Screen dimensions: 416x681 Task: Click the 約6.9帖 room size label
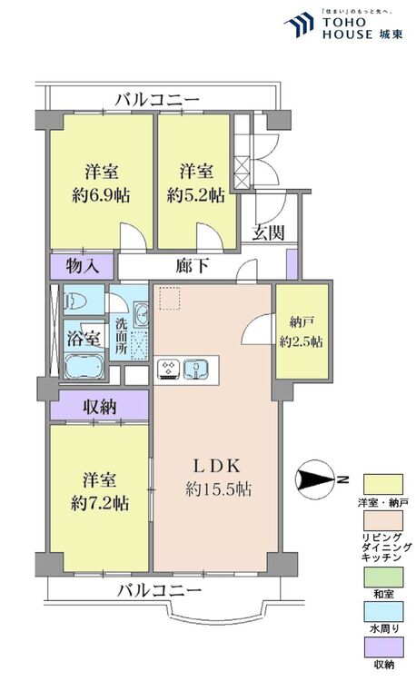[101, 196]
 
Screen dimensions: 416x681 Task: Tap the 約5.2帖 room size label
[196, 196]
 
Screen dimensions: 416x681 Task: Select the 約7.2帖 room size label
[100, 504]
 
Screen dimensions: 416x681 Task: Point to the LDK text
[217, 466]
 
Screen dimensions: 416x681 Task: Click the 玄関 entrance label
[269, 233]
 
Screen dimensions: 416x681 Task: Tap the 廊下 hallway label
[193, 266]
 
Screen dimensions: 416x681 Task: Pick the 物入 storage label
[82, 266]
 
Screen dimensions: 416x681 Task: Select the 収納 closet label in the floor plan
[100, 407]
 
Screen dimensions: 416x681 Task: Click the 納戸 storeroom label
[302, 322]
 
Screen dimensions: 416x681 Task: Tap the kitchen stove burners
[168, 370]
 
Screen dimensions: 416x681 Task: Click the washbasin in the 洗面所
[141, 314]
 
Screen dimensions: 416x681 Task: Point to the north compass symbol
[315, 479]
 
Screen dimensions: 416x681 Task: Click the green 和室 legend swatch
[383, 577]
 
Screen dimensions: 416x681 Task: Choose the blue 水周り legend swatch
[383, 611]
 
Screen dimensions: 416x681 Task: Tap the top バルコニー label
[157, 100]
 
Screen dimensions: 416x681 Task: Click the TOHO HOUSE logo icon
[299, 25]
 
